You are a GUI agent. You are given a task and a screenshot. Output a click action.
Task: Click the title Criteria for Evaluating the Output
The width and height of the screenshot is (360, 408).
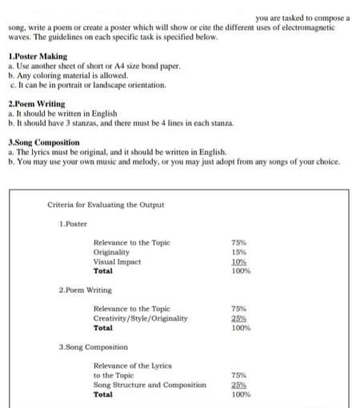[105, 205]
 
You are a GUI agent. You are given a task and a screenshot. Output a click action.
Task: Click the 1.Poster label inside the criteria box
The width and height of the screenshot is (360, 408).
[74, 223]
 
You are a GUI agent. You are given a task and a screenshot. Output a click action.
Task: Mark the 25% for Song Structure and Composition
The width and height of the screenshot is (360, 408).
[238, 385]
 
